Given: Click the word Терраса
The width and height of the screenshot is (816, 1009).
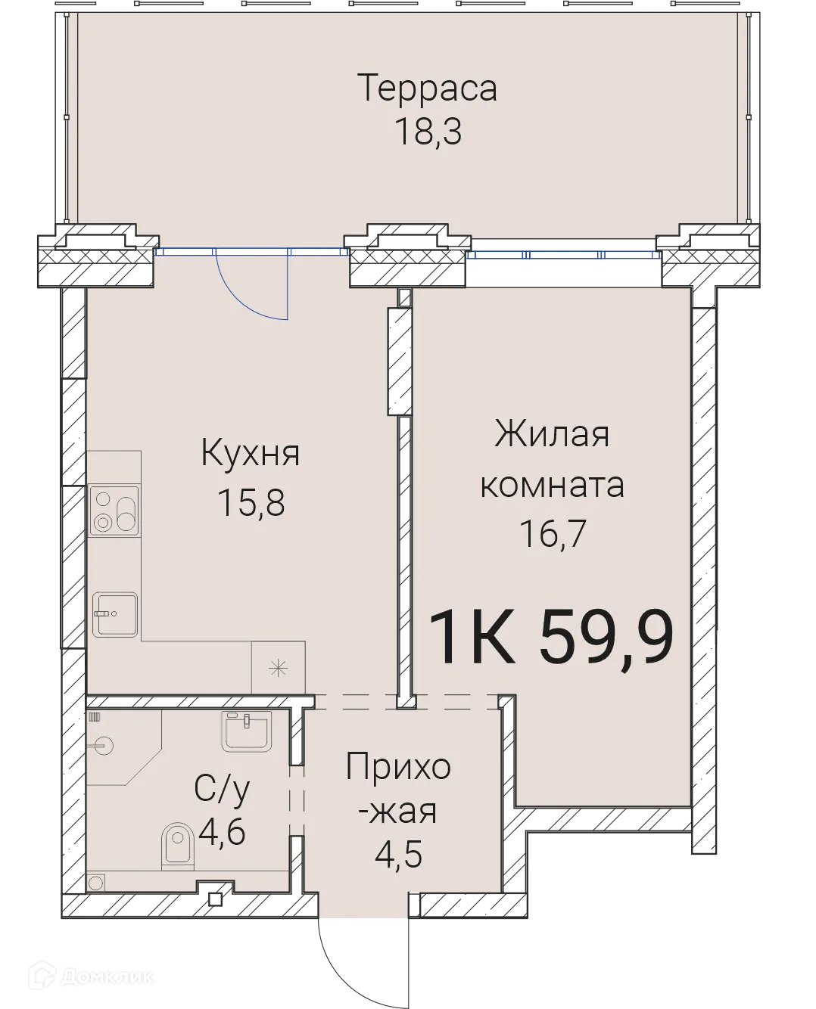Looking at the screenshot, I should tap(428, 88).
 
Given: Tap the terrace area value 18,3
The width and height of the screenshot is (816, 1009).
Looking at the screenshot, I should tap(428, 132).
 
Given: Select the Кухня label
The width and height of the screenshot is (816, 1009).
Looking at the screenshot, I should tap(251, 455).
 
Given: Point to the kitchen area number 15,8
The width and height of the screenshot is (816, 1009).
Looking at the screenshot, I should tap(251, 502).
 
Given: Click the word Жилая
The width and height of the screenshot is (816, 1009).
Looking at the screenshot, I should tap(552, 436).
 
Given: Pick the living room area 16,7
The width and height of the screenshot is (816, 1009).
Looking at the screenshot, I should tap(553, 534).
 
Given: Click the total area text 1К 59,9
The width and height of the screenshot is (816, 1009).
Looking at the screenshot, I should tap(551, 638).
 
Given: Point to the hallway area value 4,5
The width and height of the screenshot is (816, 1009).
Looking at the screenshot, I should tap(398, 855).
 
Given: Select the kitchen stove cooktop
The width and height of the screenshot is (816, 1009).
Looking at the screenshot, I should tap(114, 509).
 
